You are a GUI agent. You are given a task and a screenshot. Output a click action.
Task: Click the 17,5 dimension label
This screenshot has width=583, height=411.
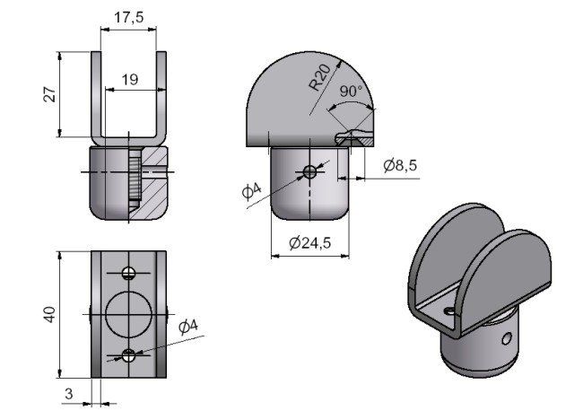[x=128, y=17]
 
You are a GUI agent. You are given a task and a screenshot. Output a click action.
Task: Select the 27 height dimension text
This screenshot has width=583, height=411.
[x=50, y=94]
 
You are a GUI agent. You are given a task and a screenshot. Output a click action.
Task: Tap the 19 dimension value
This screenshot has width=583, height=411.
[x=130, y=79]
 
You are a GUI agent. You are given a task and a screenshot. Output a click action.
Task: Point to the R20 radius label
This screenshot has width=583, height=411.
[x=319, y=77]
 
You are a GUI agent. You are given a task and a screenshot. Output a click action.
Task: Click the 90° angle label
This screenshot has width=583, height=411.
[x=350, y=91]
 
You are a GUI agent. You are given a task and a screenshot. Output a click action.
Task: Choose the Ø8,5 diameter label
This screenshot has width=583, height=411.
[x=400, y=165]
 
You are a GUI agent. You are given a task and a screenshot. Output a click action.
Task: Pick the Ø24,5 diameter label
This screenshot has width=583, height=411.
[x=309, y=243]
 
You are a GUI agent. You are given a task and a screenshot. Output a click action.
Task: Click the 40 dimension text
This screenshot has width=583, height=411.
[x=49, y=314]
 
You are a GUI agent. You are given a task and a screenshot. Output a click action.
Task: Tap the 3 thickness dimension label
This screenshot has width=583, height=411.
[x=69, y=394]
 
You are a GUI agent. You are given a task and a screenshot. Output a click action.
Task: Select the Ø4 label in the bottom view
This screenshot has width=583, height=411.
[x=188, y=327]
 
